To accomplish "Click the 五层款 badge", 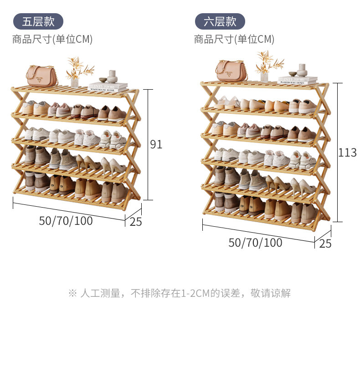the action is tap(38, 21).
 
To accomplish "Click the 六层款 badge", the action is tap(220, 21).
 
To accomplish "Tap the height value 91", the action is tap(156, 144).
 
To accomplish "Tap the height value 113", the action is tap(347, 152).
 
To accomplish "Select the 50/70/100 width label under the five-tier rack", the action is tap(66, 221).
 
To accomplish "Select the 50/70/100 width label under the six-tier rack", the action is tap(255, 243).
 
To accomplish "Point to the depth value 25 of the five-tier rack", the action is tap(136, 222).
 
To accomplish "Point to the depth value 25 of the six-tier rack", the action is tap(325, 244).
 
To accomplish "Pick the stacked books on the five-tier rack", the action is tap(108, 86).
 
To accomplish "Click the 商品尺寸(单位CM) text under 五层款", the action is tap(52, 40).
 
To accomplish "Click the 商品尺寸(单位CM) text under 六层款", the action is tap(234, 40).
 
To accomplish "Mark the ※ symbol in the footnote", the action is tap(72, 293).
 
